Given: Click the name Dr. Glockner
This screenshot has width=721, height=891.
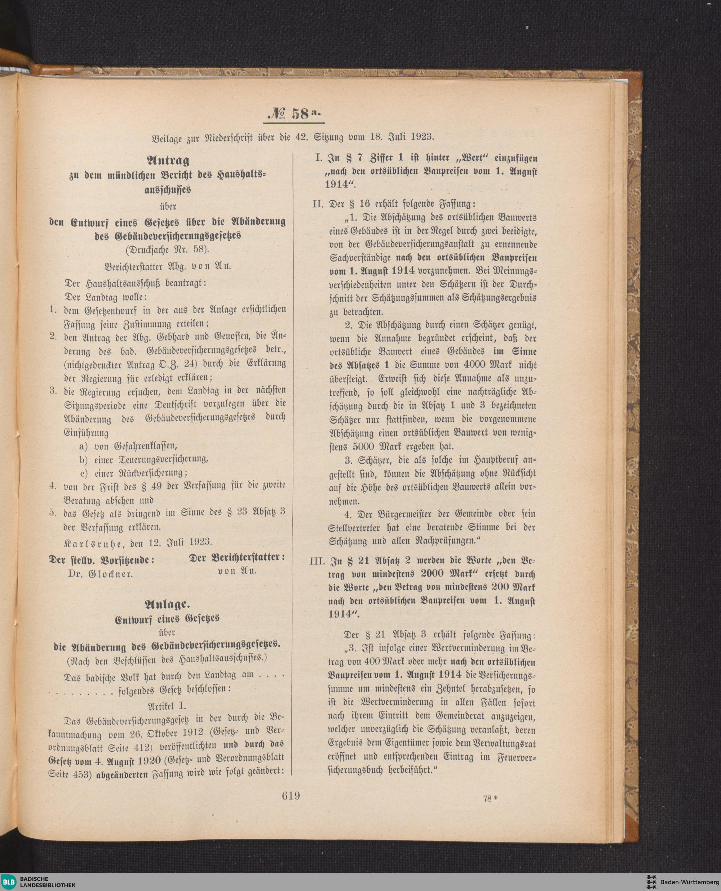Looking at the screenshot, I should click(x=101, y=574).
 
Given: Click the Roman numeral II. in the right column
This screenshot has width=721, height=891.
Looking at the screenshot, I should click(x=319, y=204).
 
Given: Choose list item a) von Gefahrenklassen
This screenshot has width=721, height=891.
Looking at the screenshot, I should click(x=128, y=446).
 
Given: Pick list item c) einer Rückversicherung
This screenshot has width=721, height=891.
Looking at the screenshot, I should click(x=133, y=473).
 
